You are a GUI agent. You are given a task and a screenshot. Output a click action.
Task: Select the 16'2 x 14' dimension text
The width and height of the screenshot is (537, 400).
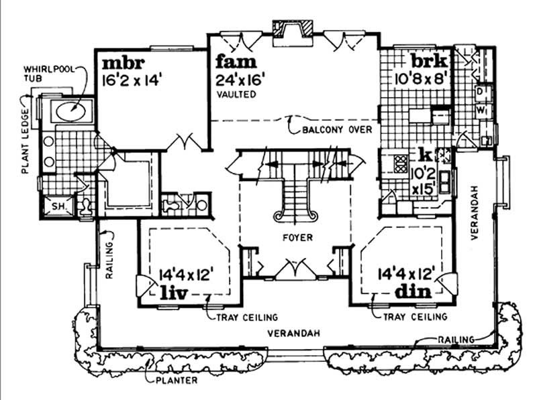133,80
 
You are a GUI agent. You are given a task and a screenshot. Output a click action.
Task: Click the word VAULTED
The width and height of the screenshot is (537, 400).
236,95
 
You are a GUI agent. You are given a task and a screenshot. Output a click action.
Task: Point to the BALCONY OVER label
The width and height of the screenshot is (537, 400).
336,129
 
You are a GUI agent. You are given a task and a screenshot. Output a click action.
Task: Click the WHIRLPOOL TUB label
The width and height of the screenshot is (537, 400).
48,73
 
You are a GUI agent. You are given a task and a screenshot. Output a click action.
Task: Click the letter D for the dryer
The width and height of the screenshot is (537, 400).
480,90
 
